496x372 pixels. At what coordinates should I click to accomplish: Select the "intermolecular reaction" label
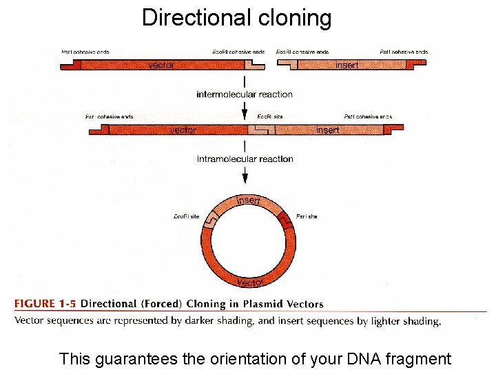click(x=245, y=94)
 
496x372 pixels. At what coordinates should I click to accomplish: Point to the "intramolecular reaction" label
click(x=245, y=159)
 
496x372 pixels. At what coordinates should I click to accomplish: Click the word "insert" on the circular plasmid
click(x=248, y=200)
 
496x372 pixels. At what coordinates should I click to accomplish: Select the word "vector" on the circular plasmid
click(x=250, y=282)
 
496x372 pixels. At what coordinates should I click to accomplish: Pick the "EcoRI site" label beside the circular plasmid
click(x=186, y=216)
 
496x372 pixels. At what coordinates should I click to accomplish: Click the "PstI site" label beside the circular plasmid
click(x=307, y=216)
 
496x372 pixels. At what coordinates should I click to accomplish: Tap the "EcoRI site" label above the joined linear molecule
click(x=270, y=117)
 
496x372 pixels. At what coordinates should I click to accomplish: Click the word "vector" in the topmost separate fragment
click(x=161, y=65)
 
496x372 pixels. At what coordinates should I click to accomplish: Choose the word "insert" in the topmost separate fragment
click(x=347, y=65)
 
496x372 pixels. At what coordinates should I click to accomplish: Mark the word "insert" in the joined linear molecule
click(x=327, y=130)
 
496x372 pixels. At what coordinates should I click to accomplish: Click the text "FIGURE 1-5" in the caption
click(x=45, y=304)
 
